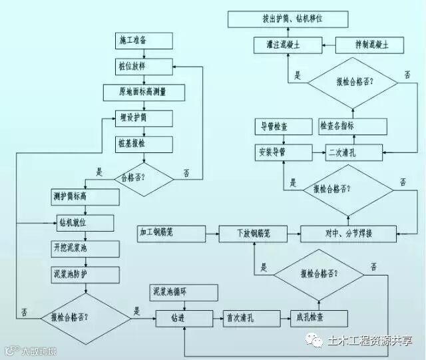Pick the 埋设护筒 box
click(x=143, y=119)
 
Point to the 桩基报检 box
click(x=143, y=144)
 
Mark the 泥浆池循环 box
click(x=183, y=291)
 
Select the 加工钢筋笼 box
click(x=169, y=233)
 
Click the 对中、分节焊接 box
click(x=348, y=234)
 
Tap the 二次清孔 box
click(x=353, y=152)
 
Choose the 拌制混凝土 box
click(x=369, y=45)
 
